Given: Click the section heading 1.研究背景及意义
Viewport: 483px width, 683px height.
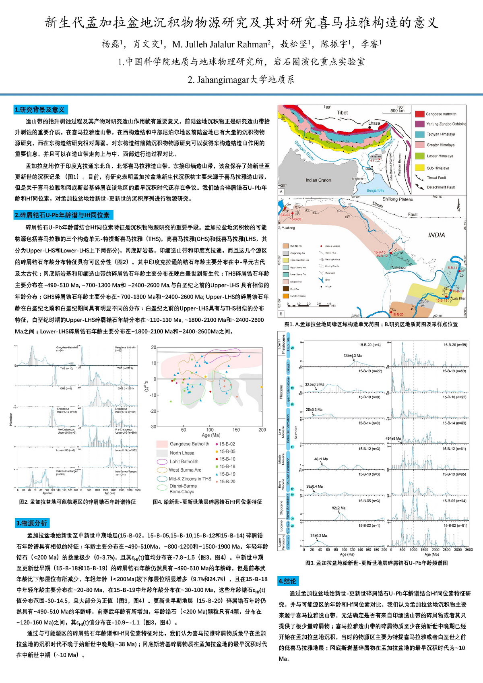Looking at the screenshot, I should pos(40,110).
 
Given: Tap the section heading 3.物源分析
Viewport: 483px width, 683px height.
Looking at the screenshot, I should pos(32,523).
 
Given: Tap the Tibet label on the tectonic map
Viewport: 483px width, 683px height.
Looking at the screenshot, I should pos(342,113).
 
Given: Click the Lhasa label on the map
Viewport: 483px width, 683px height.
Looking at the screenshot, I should pos(374,123).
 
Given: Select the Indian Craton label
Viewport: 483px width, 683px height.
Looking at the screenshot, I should pos(318,180).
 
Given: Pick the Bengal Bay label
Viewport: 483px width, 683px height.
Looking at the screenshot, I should pos(375,190).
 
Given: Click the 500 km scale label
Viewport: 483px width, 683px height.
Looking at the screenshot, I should pos(397,111).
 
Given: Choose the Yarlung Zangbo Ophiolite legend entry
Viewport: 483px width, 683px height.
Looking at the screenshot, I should pos(446,124).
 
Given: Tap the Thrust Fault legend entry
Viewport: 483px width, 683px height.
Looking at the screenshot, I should pos(436,178).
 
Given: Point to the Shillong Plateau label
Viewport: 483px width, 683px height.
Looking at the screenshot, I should pos(397,199).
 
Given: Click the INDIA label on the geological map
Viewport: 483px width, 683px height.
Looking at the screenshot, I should pos(436,235).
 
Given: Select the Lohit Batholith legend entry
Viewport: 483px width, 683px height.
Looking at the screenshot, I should pos(184,462).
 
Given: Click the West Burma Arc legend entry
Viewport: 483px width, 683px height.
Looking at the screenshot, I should pos(185,470).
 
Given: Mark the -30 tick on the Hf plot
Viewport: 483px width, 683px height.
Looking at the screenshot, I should pos(153,426).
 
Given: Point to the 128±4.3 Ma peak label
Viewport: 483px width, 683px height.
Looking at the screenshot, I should pos(352,356).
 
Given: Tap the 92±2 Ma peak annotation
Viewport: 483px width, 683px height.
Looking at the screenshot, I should pos(339,508).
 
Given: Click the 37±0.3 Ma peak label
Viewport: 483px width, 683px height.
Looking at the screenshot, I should pos(318,536).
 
